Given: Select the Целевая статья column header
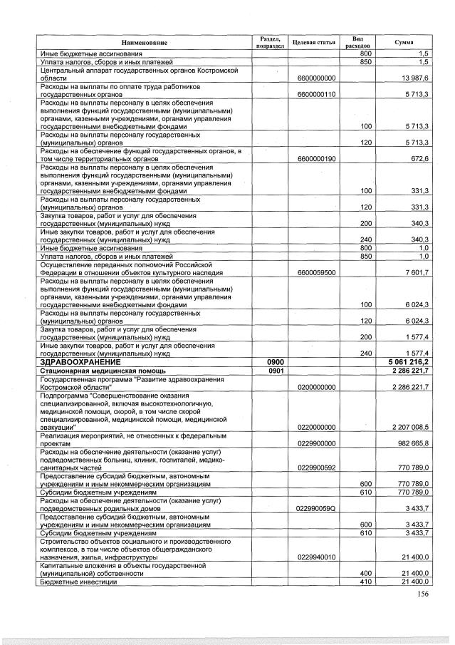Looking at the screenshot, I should pyautogui.click(x=313, y=43).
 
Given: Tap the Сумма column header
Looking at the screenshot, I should pyautogui.click(x=404, y=43).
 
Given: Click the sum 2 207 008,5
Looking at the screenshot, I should pyautogui.click(x=409, y=427).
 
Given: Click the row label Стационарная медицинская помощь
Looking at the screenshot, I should pyautogui.click(x=103, y=371).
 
